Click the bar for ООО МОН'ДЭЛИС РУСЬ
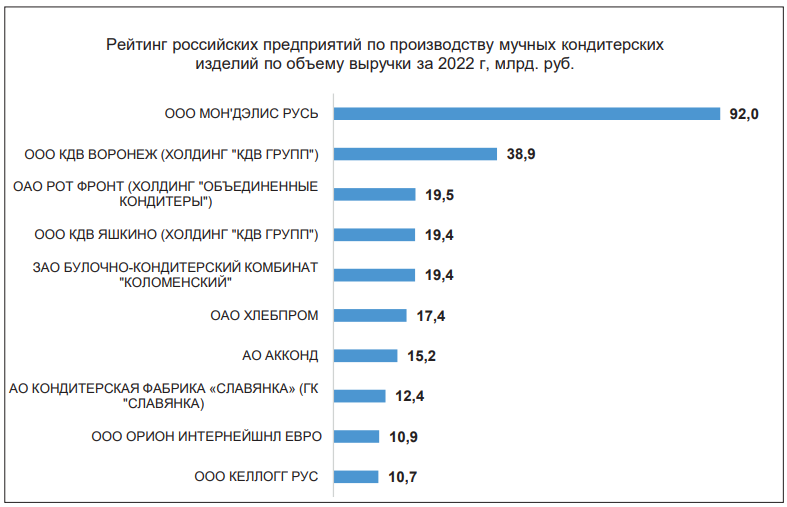tap(526, 114)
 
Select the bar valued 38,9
tap(415, 154)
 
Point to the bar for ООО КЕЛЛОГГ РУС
tap(356, 476)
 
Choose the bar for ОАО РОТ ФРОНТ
tap(374, 194)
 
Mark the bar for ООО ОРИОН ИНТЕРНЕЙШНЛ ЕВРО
tap(356, 436)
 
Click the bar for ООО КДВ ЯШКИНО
tap(374, 235)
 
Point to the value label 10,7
tap(402, 477)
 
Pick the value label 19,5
tap(440, 195)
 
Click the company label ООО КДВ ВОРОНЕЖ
tap(171, 154)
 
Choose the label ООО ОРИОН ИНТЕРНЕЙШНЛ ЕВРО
tap(205, 436)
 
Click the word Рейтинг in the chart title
tap(136, 46)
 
